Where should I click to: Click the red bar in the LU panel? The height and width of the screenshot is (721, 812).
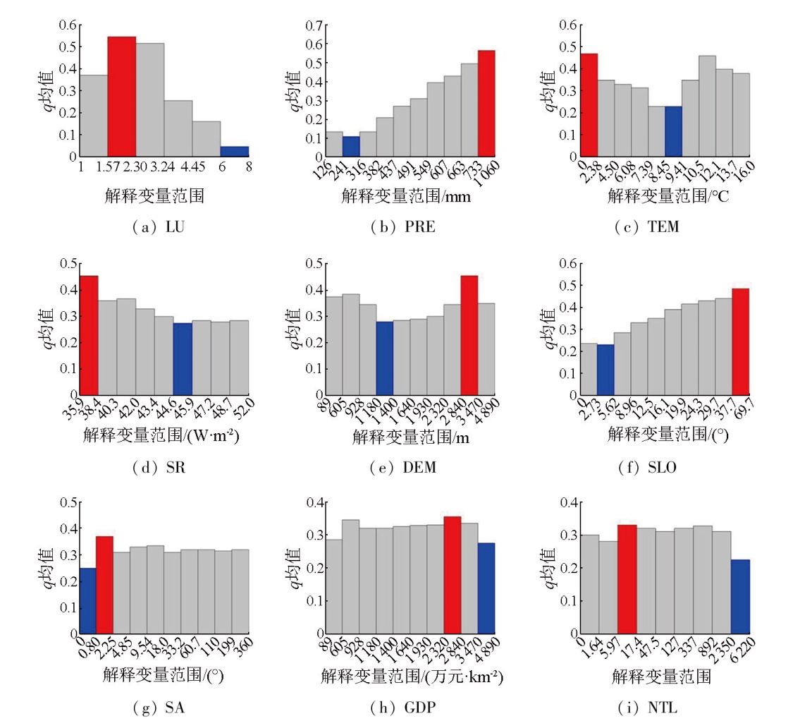(121, 97)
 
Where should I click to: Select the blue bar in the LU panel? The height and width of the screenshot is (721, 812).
(234, 152)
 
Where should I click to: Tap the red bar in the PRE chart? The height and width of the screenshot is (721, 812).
(486, 104)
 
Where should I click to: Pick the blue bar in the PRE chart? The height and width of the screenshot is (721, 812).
(351, 147)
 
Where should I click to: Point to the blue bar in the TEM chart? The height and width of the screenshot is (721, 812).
(673, 132)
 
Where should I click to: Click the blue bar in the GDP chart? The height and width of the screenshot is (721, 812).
(486, 588)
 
